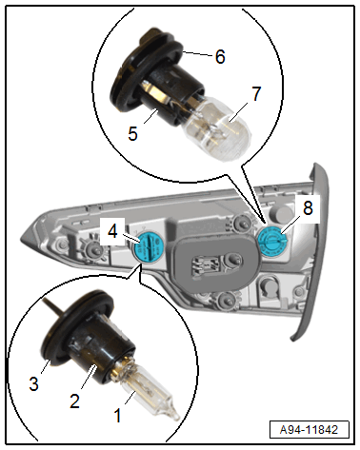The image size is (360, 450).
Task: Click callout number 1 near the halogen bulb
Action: [x=118, y=415]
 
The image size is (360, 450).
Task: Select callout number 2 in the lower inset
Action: [x=75, y=401]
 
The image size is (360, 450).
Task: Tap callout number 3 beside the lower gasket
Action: [x=33, y=383]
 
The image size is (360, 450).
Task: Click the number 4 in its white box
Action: [x=112, y=231]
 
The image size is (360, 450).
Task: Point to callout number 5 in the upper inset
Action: [x=132, y=133]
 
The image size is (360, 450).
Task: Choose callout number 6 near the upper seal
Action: [x=220, y=56]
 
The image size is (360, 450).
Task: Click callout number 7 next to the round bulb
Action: [x=256, y=93]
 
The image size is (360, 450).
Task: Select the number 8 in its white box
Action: [x=308, y=208]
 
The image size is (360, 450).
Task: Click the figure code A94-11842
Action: [x=309, y=430]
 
